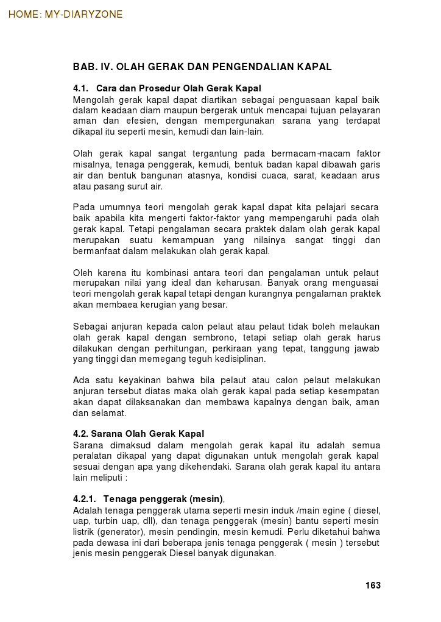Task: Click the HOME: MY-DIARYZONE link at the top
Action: pos(65,15)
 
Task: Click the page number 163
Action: pos(373,585)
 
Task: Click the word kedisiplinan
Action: pos(236,359)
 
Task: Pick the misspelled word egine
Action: pos(312,511)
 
